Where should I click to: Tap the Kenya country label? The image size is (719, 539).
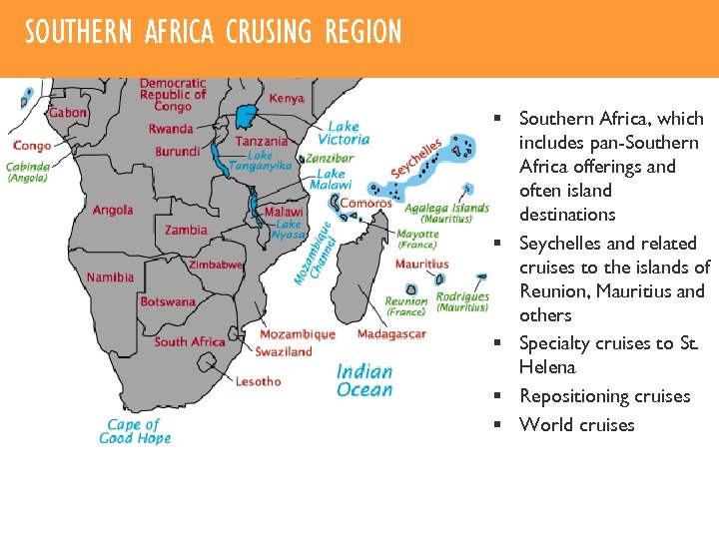[287, 99]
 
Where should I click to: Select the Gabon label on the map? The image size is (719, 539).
[67, 113]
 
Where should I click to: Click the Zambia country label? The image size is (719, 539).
[186, 230]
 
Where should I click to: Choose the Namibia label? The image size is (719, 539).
[110, 277]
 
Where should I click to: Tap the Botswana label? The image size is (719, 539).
[168, 301]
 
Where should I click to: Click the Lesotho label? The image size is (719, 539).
[258, 381]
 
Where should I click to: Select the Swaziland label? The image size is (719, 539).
[284, 351]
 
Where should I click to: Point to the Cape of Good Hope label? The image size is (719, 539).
[135, 431]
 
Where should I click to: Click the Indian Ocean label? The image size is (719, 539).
[364, 380]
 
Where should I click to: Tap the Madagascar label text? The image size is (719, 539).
[391, 334]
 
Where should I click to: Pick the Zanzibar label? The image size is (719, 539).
[330, 158]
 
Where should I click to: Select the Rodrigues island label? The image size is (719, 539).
[462, 296]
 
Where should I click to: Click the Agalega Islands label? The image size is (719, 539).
[446, 208]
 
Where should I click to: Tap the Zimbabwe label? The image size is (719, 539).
[216, 265]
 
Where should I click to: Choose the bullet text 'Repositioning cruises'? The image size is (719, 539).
[604, 396]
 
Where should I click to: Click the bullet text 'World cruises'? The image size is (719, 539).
[576, 425]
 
